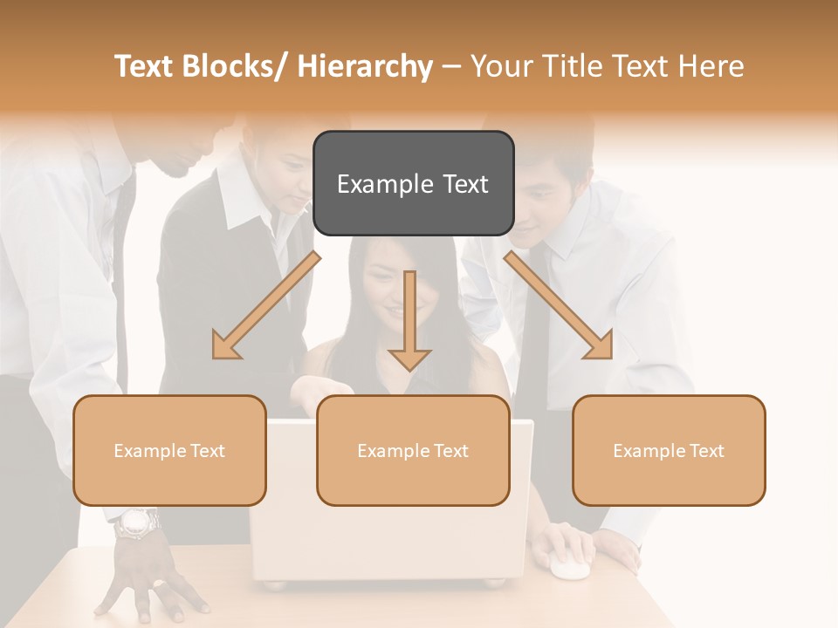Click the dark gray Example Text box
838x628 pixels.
click(413, 183)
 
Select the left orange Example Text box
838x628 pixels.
click(169, 450)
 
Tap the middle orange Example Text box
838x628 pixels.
click(413, 450)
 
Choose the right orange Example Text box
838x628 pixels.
click(669, 450)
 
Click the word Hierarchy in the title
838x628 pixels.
click(364, 66)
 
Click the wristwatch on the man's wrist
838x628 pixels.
click(138, 523)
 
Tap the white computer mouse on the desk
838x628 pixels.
click(569, 567)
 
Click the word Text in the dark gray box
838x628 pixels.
click(462, 184)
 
